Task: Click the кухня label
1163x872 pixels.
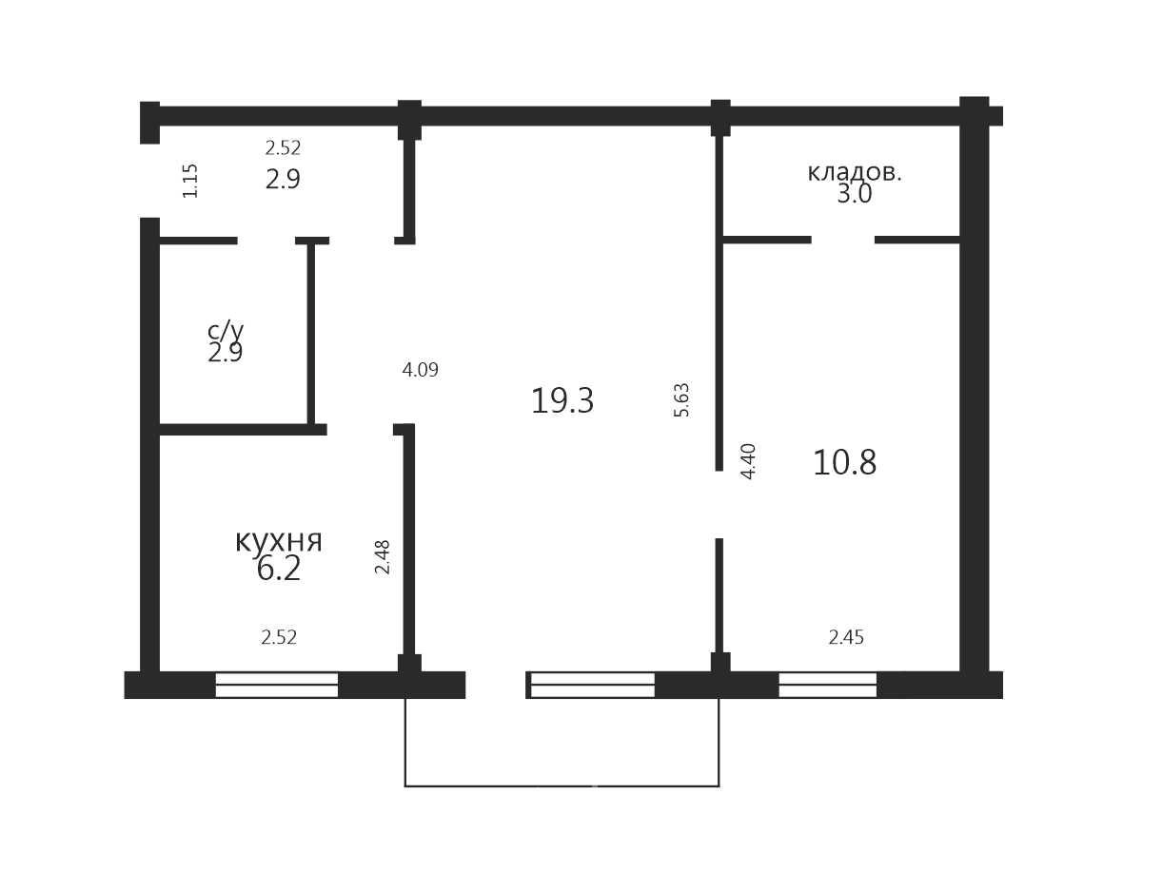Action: click(x=278, y=541)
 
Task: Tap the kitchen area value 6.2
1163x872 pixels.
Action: click(x=278, y=570)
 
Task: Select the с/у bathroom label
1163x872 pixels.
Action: click(x=226, y=331)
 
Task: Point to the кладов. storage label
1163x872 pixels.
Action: click(x=854, y=173)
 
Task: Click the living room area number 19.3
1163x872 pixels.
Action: click(x=562, y=400)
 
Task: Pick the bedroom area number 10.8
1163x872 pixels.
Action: click(x=844, y=462)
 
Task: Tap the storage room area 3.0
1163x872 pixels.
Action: click(x=854, y=194)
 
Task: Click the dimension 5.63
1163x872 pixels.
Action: click(x=681, y=399)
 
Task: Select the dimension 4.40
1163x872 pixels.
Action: click(x=748, y=461)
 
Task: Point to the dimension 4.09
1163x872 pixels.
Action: click(x=420, y=370)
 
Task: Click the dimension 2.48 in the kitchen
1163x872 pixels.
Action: click(x=382, y=557)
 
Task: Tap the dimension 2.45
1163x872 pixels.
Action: click(x=846, y=637)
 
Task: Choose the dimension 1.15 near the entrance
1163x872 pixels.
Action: click(x=189, y=181)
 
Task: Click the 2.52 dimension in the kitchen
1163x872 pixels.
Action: click(x=279, y=637)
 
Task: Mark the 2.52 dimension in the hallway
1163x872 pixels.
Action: click(x=283, y=147)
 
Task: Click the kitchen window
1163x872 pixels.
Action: click(x=277, y=685)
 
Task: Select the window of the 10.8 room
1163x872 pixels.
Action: click(x=828, y=685)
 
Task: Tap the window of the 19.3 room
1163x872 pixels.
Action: click(x=592, y=685)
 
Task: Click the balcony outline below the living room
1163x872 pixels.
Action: click(x=562, y=786)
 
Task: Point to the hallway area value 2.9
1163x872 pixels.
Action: click(x=283, y=180)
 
